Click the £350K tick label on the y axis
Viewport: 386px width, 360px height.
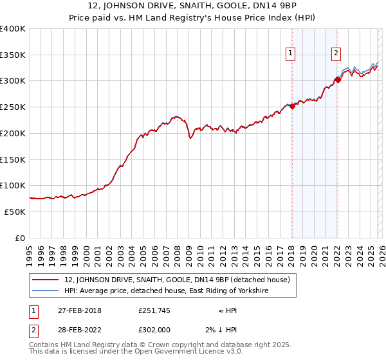coord(13,55)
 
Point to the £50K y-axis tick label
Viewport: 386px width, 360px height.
coord(15,212)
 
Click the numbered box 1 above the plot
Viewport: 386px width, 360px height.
coord(291,54)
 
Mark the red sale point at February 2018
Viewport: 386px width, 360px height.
coord(291,106)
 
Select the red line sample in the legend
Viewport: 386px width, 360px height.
coord(46,280)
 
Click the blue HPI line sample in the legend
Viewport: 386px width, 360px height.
coord(46,291)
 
